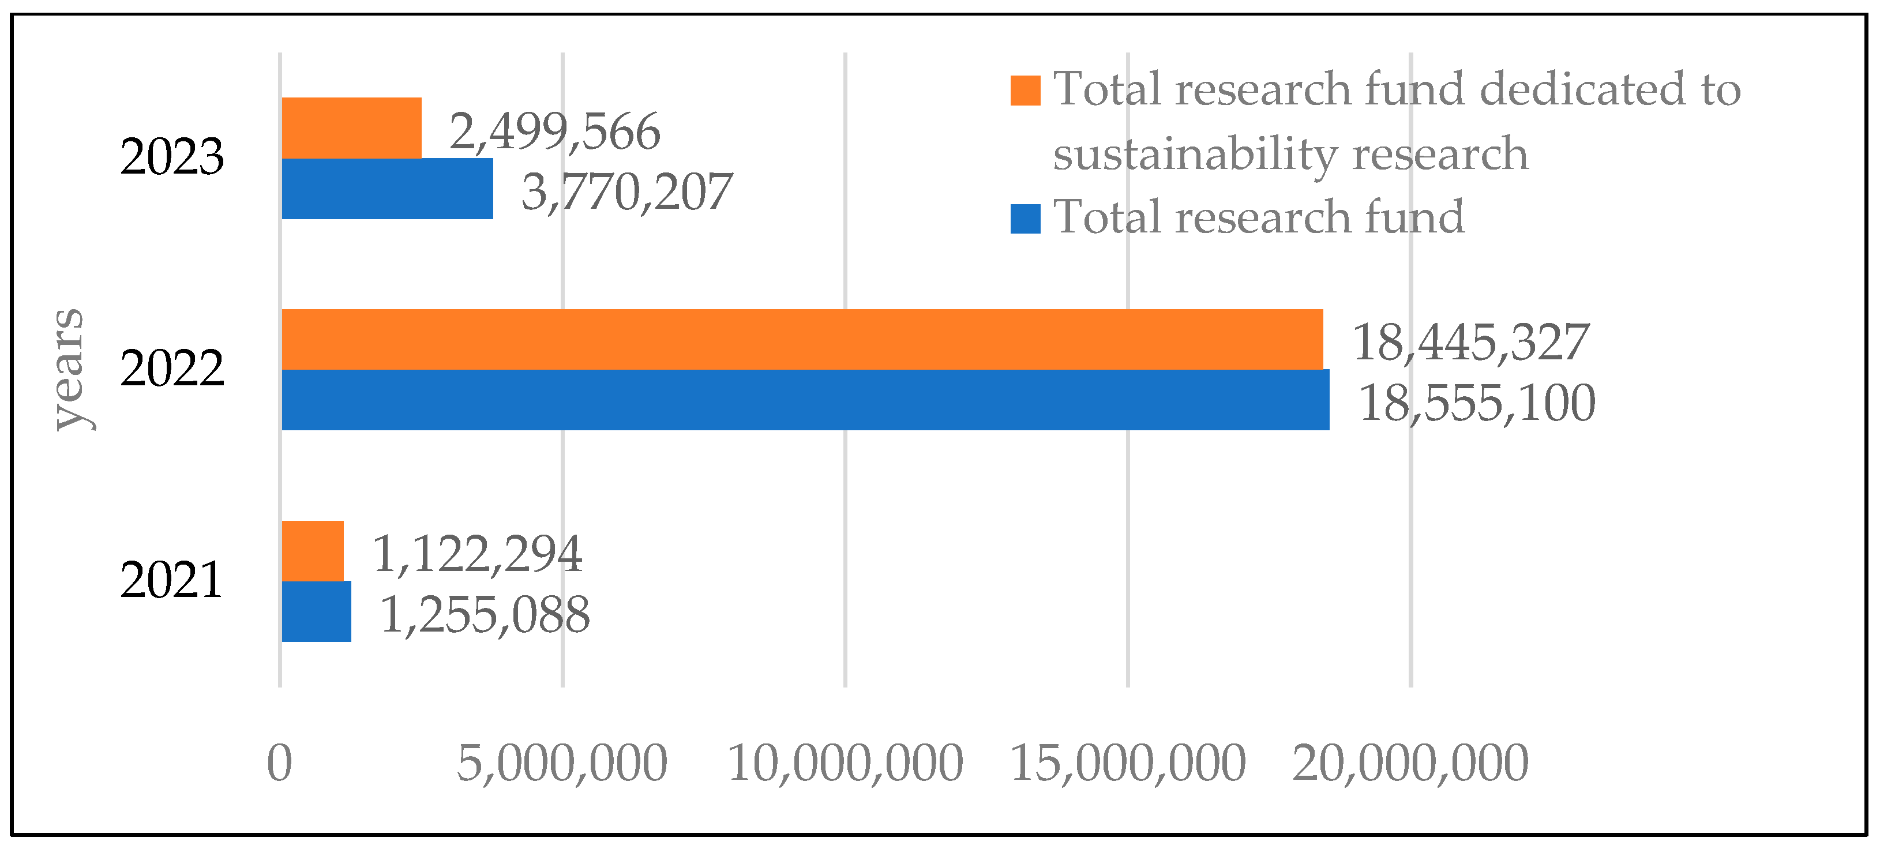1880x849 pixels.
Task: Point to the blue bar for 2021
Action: [316, 611]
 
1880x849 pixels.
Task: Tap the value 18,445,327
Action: [1470, 342]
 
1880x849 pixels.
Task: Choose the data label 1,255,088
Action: [485, 614]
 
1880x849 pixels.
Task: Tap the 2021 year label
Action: [171, 580]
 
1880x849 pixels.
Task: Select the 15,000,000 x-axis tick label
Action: [1128, 763]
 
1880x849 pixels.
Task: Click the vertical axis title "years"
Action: [71, 369]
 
